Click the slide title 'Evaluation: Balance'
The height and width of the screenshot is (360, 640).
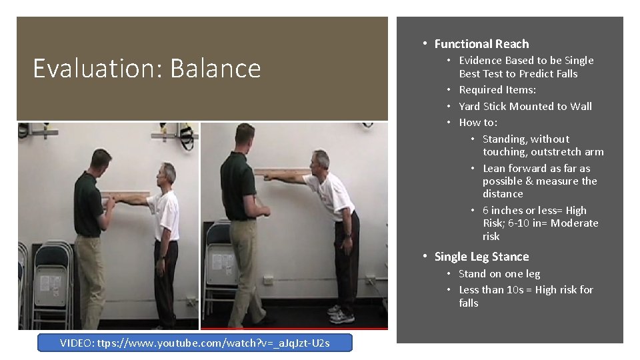coord(147,69)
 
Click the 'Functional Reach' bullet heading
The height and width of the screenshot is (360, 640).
coord(481,44)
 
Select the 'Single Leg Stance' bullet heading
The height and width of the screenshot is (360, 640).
coord(481,257)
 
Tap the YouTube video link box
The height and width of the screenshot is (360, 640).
coord(195,343)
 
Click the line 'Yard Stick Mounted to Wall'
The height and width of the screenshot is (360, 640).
coord(525,106)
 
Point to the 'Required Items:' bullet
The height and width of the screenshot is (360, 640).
coord(497,89)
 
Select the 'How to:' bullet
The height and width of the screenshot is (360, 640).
coord(478,122)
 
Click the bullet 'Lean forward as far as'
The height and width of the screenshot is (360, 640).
coord(536,168)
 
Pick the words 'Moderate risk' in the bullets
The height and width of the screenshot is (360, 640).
coord(573,223)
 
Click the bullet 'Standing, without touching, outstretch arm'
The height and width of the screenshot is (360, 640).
coord(543,145)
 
